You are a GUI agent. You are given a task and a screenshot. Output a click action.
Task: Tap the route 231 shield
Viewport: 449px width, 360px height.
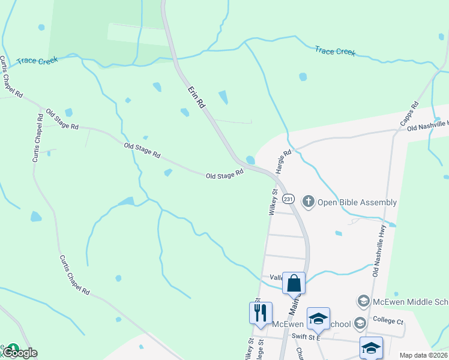click(x=289, y=199)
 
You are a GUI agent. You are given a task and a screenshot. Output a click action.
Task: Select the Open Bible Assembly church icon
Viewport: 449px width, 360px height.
click(x=309, y=201)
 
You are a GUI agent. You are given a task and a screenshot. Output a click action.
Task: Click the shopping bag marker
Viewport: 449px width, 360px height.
click(x=294, y=283)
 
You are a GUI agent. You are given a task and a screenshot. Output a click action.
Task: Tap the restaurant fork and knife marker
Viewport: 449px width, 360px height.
click(x=261, y=313)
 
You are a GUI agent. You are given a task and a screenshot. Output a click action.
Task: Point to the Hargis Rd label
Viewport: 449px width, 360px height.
click(x=283, y=161)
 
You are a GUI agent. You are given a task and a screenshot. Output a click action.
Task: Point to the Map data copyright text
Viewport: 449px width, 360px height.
click(x=423, y=355)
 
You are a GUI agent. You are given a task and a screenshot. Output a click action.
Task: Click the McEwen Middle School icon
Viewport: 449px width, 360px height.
click(x=363, y=300)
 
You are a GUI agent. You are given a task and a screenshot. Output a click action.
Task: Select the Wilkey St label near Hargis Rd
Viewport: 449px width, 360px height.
click(x=273, y=203)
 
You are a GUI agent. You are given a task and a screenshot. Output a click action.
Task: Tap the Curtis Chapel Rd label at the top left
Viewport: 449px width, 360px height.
click(x=11, y=77)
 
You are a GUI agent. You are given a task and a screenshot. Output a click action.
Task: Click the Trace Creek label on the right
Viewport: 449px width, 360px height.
click(x=335, y=51)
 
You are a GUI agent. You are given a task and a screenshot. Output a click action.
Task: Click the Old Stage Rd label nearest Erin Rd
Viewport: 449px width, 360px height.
click(x=224, y=174)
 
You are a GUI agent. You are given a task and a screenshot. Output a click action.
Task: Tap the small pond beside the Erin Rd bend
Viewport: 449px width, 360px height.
click(x=250, y=160)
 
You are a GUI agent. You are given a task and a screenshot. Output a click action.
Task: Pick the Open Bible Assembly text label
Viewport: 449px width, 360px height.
click(x=357, y=202)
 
